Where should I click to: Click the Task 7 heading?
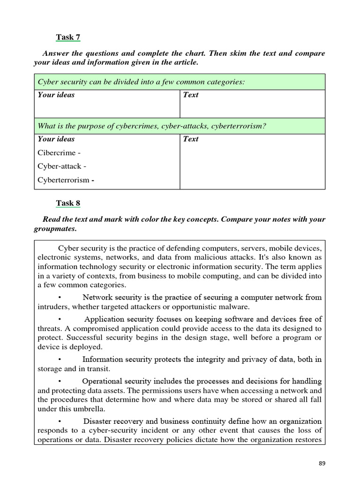pos(68,37)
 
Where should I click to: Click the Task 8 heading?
pos(68,203)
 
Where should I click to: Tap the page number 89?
pos(322,464)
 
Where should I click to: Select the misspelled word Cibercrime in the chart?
pos(56,153)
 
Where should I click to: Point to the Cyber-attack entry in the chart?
pos(60,166)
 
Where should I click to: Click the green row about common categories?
pos(180,82)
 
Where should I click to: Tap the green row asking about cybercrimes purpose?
pos(180,126)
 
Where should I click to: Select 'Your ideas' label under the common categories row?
pos(56,95)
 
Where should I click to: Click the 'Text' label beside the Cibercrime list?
pos(190,139)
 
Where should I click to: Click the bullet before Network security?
pos(60,297)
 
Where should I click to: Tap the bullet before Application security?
pos(60,319)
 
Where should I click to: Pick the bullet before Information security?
pos(60,360)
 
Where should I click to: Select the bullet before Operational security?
pos(60,381)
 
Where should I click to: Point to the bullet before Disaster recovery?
pos(60,421)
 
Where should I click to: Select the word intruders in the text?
pos(52,307)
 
